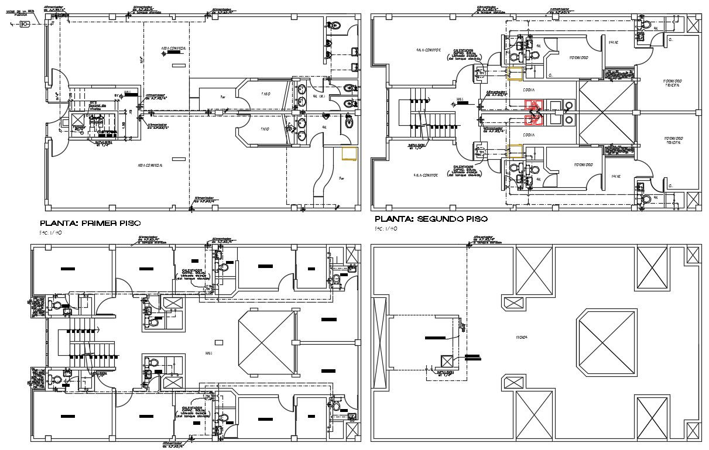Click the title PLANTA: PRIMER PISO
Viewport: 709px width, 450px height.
90,223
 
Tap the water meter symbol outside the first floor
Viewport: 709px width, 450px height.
25,24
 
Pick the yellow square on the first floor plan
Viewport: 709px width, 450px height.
350,153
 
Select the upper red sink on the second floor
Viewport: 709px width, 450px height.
533,105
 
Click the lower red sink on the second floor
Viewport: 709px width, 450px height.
533,120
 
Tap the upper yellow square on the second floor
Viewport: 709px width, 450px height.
515,74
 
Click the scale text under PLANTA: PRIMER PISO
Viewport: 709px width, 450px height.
51,233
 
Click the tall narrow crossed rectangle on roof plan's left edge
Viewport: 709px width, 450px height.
379,343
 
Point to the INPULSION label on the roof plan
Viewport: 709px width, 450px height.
446,373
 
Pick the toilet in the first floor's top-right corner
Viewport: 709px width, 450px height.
334,25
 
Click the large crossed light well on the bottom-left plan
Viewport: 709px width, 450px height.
265,346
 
